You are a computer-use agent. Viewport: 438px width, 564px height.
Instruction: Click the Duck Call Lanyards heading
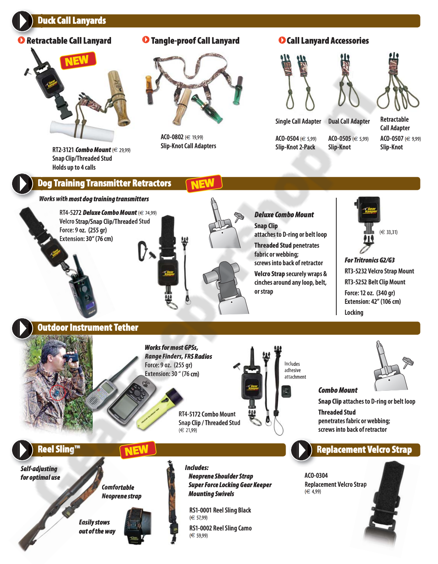pos(72,21)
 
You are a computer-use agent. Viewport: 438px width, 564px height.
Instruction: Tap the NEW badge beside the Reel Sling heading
pos(138,450)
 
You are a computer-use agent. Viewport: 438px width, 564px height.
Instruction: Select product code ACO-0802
pos(172,137)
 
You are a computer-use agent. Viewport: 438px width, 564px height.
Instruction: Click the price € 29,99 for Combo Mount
pos(121,150)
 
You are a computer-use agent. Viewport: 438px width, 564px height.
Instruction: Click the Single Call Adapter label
pos(298,121)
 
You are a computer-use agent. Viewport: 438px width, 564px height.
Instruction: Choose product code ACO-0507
pos(392,138)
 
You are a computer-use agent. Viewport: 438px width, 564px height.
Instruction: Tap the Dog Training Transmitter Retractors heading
pos(104,183)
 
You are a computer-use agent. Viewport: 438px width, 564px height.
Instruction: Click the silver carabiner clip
pos(142,250)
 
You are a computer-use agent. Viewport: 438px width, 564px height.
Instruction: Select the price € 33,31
pos(388,232)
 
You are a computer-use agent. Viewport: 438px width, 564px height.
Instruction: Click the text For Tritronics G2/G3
pos(369,260)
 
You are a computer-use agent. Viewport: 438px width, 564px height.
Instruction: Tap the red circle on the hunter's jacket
pos(57,392)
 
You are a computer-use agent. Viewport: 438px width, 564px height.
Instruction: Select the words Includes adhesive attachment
pos(295,370)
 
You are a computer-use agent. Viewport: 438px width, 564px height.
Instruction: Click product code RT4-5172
pos(189,414)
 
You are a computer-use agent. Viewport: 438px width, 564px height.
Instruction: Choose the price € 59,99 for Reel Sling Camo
pos(198,535)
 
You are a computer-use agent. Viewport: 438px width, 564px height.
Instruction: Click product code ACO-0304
pos(316,475)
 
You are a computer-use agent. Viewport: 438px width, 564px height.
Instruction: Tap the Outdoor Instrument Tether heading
pos(88,328)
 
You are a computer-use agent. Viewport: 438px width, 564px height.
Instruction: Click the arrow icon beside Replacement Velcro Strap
pos(301,450)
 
